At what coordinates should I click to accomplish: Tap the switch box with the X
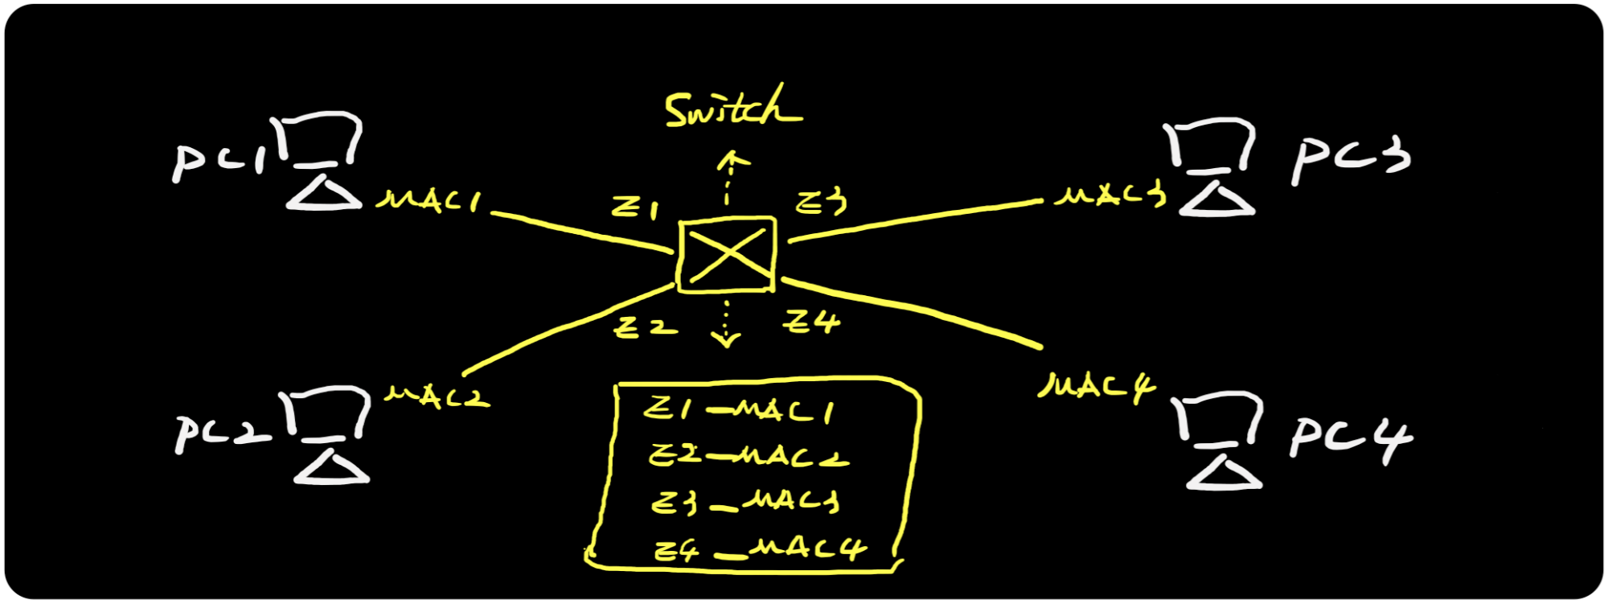(727, 254)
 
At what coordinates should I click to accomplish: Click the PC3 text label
(1351, 158)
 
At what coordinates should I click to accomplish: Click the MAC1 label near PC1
(429, 200)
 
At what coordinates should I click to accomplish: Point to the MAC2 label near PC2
(437, 396)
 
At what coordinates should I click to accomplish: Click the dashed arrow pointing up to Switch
(728, 177)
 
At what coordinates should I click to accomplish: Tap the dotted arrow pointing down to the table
(727, 323)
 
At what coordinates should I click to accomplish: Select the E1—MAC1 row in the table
(738, 410)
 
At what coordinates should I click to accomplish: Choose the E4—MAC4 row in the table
(760, 549)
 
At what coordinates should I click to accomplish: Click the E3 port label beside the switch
(820, 202)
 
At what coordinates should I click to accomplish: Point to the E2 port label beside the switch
(645, 327)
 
